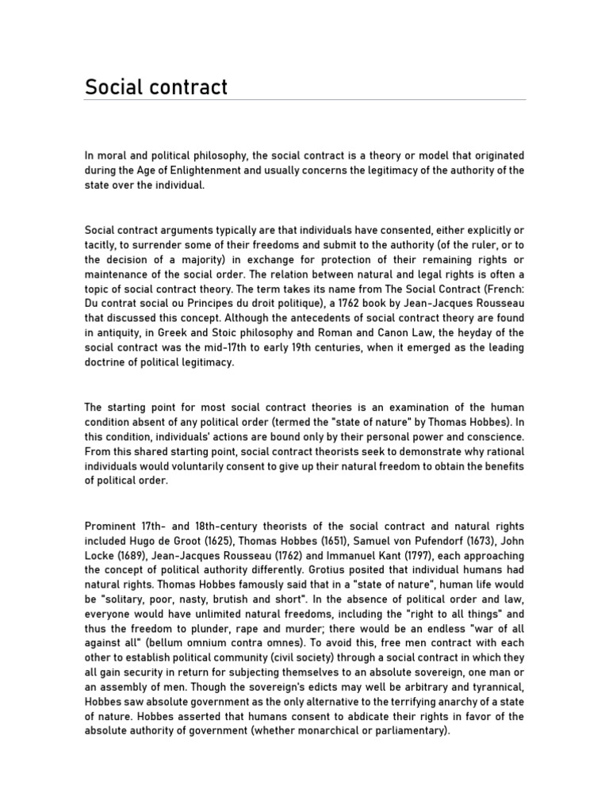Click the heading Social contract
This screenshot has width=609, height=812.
(x=156, y=86)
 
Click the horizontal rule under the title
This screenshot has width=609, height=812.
(x=304, y=101)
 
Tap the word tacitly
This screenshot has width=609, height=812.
(x=101, y=244)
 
